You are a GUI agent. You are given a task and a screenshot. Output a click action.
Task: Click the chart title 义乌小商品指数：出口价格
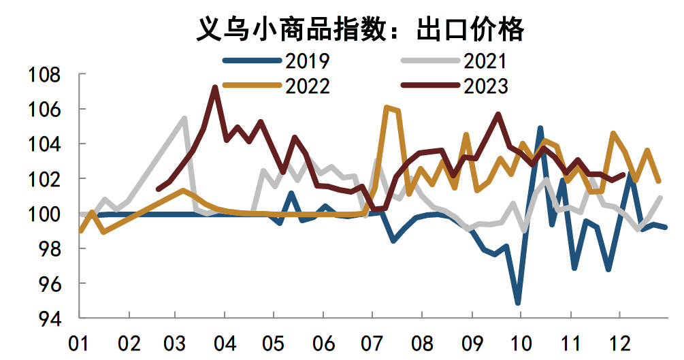tap(360, 29)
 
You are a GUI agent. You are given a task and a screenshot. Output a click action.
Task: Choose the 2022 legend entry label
tap(308, 86)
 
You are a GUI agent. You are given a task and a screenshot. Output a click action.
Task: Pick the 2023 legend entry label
tap(485, 86)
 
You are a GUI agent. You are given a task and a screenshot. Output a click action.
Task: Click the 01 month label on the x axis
tap(80, 342)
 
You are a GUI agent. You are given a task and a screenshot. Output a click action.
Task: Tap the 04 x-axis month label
tap(226, 342)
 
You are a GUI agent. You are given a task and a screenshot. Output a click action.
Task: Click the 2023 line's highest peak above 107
tap(215, 87)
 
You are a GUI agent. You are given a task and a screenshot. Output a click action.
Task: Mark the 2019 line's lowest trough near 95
tap(519, 303)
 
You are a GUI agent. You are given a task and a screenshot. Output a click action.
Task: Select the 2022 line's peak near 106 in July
tap(387, 108)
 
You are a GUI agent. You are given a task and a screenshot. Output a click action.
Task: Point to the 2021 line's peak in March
tap(184, 118)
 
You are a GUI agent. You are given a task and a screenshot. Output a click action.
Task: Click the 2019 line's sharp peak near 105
tap(540, 128)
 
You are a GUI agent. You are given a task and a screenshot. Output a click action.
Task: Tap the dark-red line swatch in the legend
tap(429, 86)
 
